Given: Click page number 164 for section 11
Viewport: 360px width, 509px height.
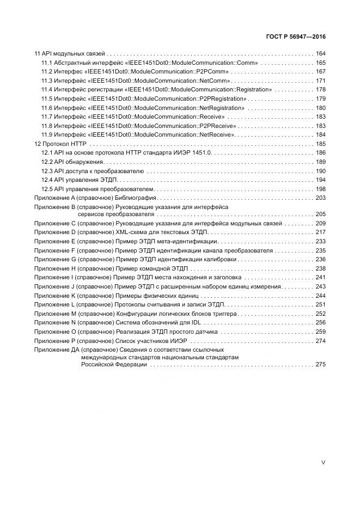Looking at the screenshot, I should coord(320,54).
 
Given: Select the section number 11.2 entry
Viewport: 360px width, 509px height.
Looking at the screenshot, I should coord(47,72).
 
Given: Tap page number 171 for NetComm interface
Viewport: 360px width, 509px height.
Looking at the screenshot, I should coord(320,81).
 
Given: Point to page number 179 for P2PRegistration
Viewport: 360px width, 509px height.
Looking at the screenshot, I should coord(320,99).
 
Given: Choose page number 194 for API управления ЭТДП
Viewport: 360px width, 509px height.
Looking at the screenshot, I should coord(320,180).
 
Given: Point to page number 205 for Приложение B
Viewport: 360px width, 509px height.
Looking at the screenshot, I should coord(320,214).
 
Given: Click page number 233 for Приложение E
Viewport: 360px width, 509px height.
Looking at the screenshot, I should coord(320,241).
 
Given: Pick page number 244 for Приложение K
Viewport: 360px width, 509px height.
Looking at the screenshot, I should coord(320,296).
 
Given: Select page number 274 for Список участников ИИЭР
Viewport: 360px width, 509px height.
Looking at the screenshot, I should coord(320,341).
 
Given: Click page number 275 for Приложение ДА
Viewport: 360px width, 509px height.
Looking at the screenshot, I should coord(320,365).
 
